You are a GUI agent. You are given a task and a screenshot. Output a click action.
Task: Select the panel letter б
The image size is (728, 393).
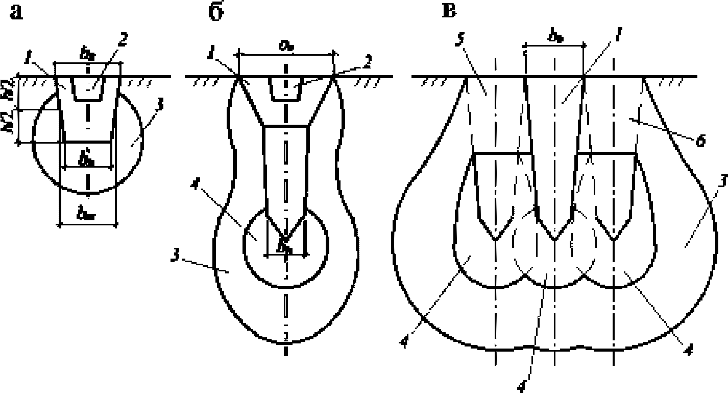pos(215,13)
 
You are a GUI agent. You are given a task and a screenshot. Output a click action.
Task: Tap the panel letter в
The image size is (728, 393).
pos(449,11)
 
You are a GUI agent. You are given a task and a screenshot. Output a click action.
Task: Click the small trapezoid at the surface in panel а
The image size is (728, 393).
pos(88,88)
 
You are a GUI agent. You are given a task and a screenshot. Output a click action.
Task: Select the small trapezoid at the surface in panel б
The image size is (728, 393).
pos(285,89)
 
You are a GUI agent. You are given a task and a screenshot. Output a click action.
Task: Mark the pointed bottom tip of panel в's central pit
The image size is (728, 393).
pos(554,240)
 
